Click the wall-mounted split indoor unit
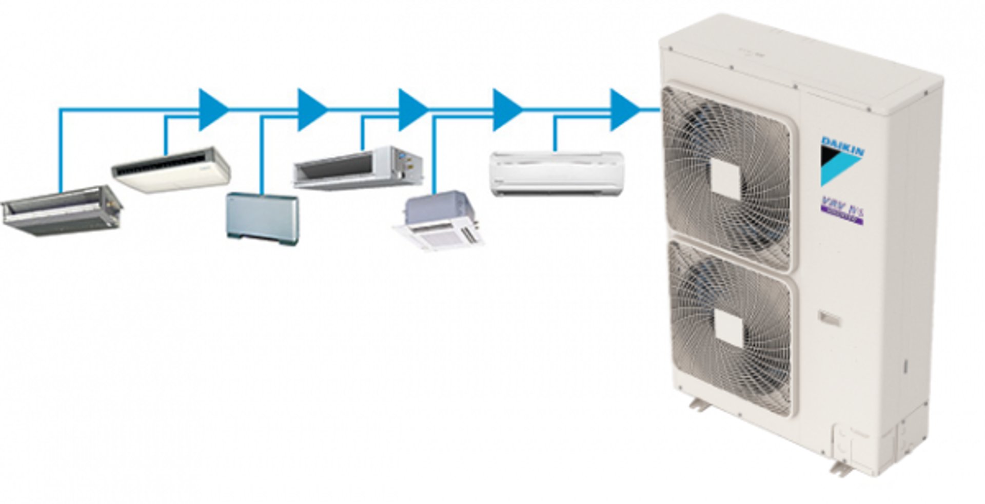pos(557,173)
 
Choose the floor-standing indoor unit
pos(262,218)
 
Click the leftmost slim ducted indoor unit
pos(62,210)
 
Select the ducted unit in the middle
pos(358,167)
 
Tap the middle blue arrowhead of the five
pos(412,109)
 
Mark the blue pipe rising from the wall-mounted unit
pos(555,134)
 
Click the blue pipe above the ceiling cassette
pos(434,154)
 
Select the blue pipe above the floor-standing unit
pos(262,154)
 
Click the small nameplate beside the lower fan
pos(829,319)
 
